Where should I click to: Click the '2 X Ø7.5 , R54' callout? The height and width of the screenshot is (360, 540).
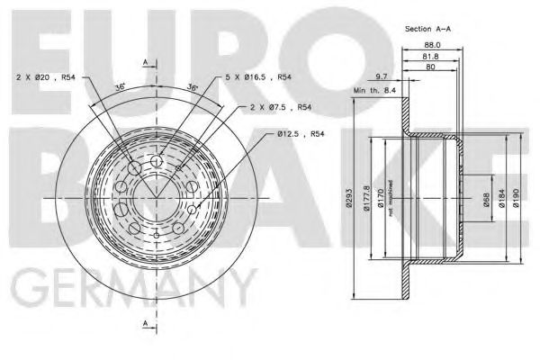[281, 107]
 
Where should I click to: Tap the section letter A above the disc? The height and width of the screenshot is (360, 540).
[146, 60]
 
